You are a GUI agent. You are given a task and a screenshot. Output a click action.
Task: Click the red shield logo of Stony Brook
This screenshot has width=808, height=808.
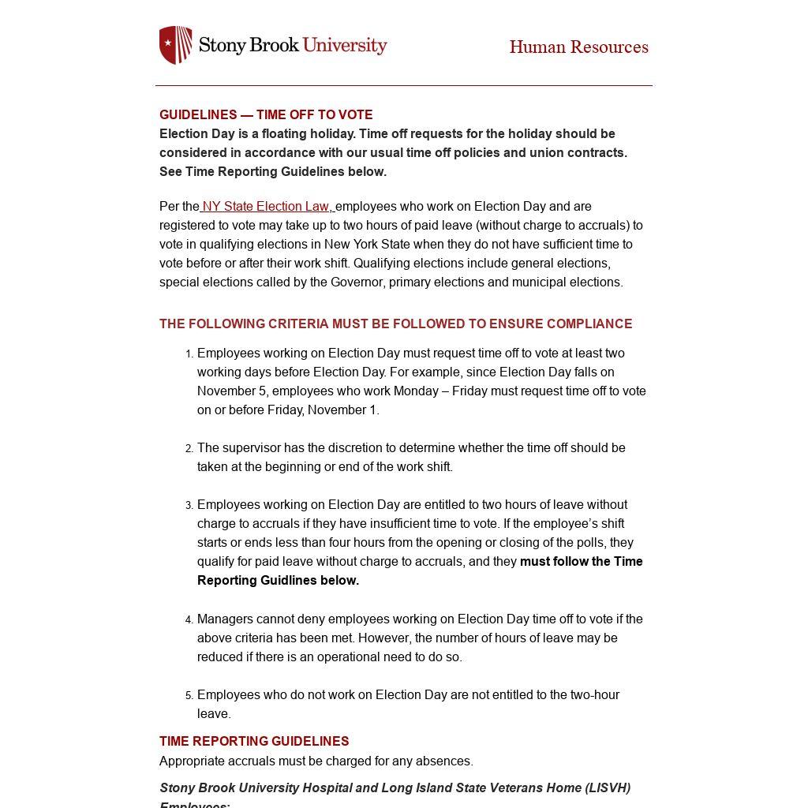tap(175, 45)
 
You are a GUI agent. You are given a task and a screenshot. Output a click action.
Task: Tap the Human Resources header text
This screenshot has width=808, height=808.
tap(578, 47)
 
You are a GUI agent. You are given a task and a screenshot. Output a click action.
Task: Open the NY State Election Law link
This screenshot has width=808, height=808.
tap(267, 207)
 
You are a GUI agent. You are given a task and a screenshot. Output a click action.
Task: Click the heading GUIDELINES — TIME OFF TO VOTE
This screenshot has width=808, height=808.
tap(266, 115)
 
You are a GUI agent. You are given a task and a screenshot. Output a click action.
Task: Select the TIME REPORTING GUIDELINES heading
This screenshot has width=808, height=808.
tap(254, 742)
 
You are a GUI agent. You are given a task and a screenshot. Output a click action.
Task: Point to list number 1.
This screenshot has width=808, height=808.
tap(189, 354)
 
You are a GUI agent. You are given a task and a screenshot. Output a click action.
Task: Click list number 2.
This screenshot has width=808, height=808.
tap(189, 449)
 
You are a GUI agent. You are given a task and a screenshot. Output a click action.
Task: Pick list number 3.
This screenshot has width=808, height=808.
tap(189, 506)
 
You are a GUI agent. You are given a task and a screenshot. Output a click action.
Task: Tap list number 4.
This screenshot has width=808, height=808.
tap(189, 620)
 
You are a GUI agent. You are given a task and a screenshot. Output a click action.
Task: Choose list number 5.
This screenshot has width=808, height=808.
tap(189, 696)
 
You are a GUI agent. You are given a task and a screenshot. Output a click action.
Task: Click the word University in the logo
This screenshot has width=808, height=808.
tap(345, 45)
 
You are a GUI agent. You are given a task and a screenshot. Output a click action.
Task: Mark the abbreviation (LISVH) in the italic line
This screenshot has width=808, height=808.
tap(608, 788)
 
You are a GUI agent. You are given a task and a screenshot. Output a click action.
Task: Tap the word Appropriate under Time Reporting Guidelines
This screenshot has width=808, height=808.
tap(192, 761)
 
